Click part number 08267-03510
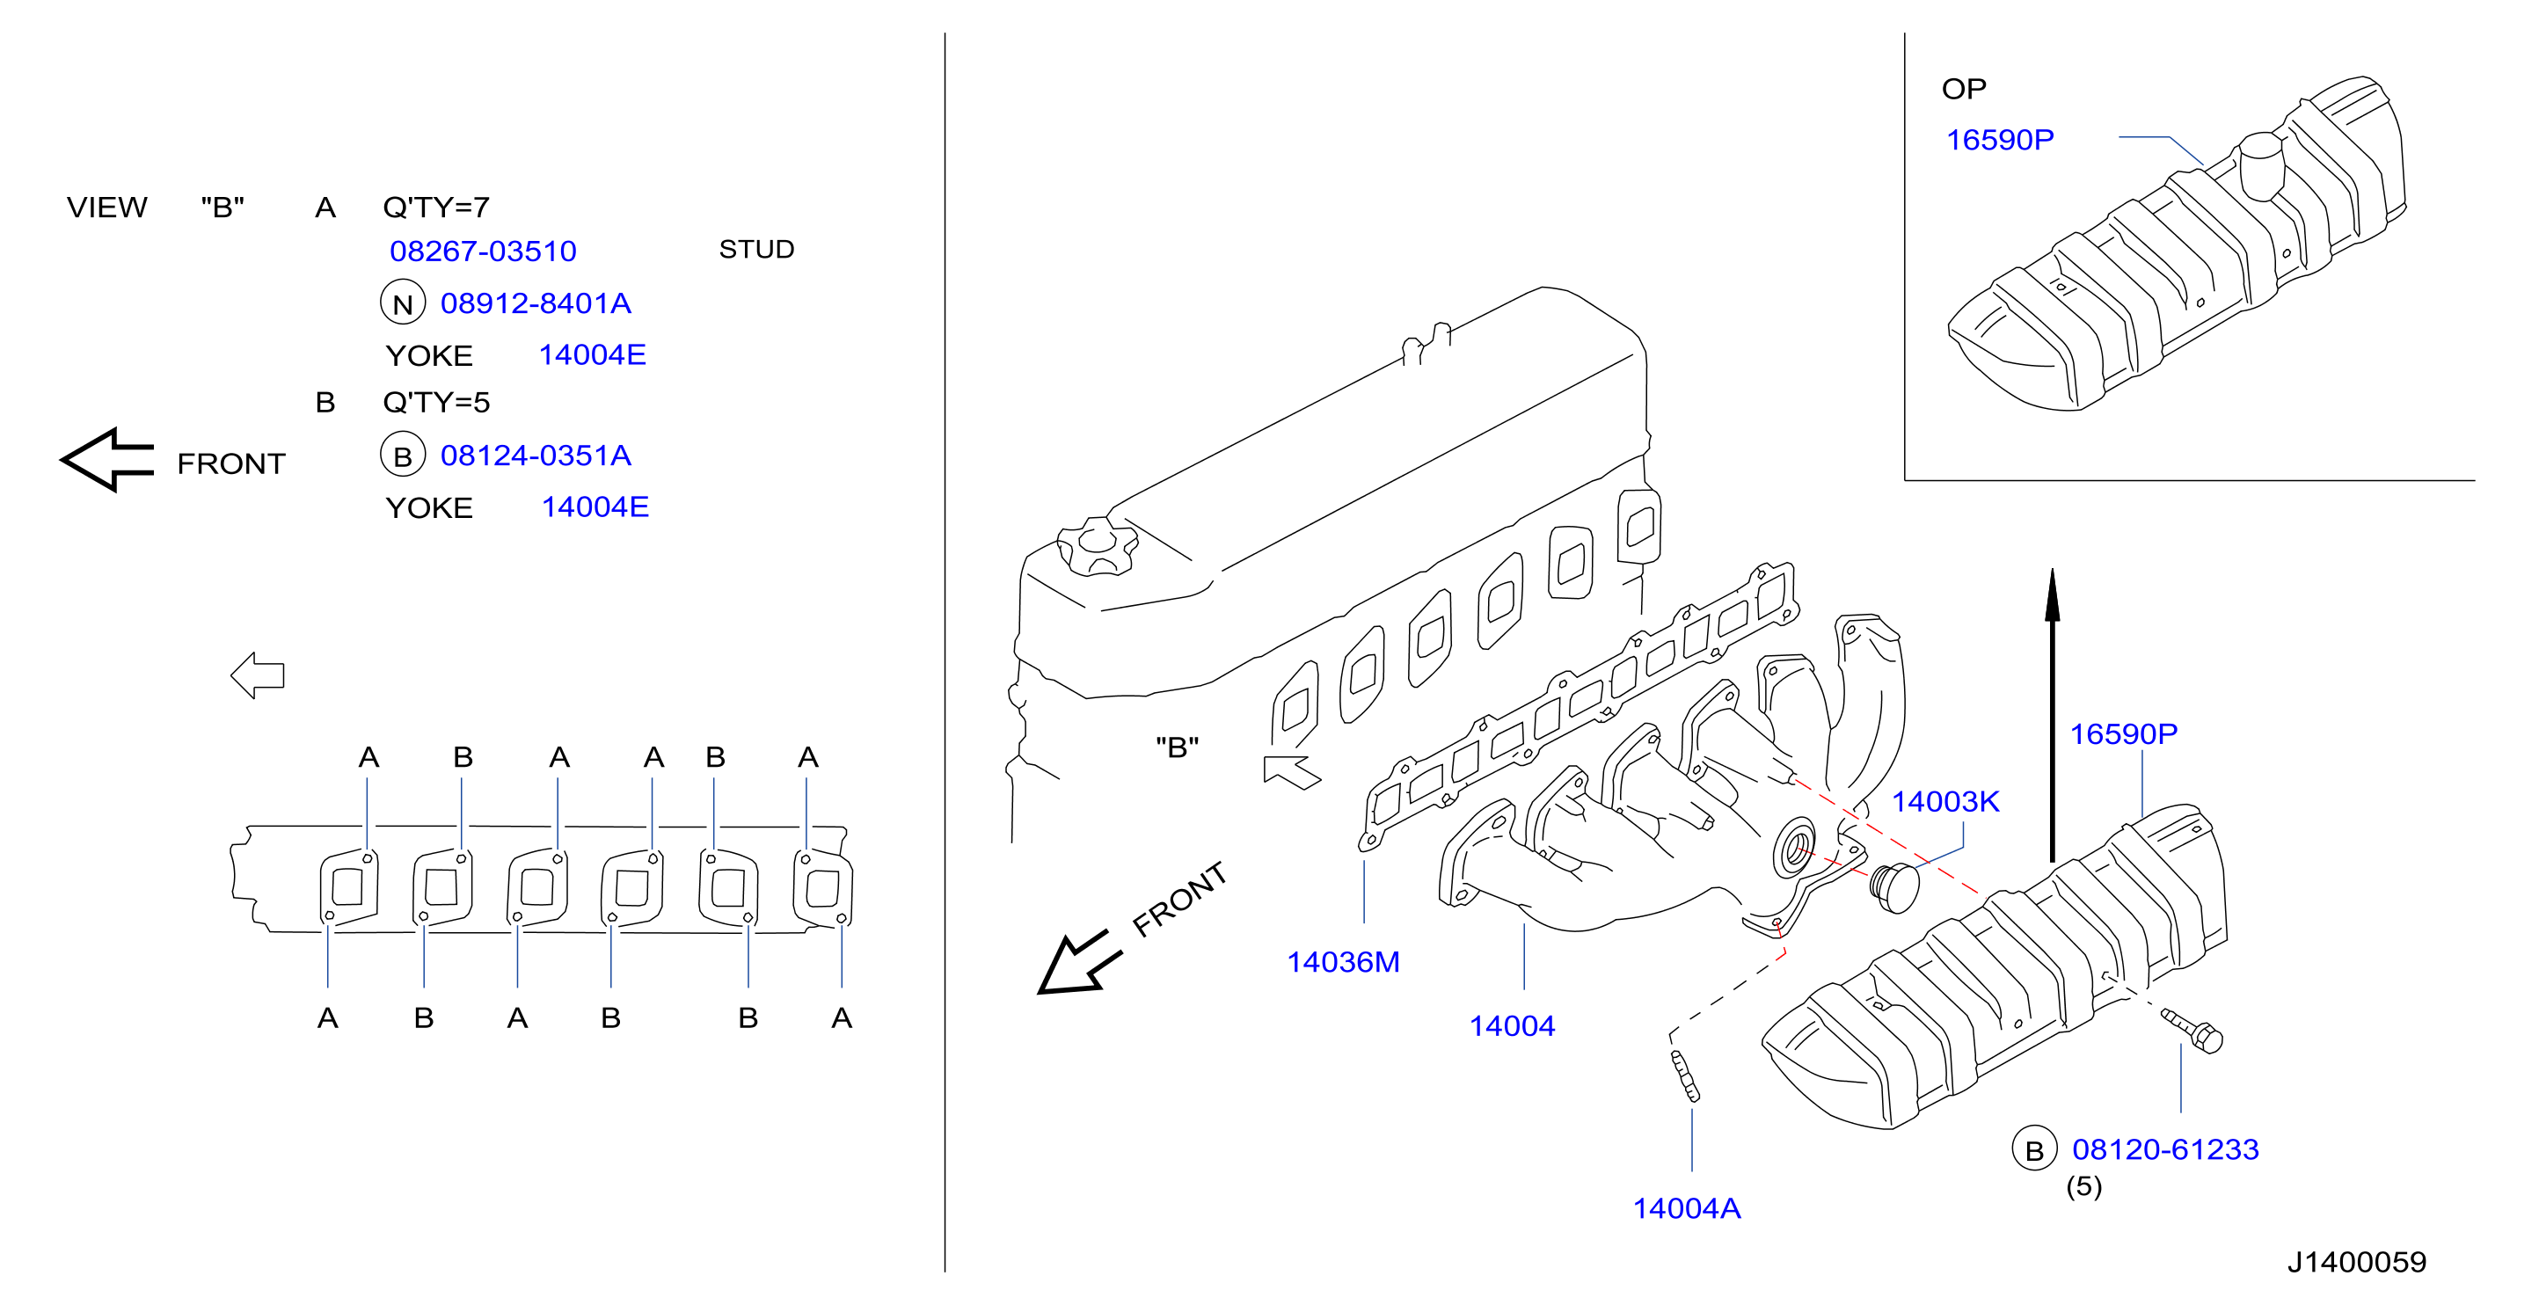pos(483,252)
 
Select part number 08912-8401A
pos(536,303)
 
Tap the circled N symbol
pos(402,303)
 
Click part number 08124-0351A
pos(536,456)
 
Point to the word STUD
pos(756,250)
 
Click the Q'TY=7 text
pos(435,207)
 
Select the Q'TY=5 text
pos(435,402)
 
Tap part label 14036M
pos(1344,962)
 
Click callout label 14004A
pos(1687,1208)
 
